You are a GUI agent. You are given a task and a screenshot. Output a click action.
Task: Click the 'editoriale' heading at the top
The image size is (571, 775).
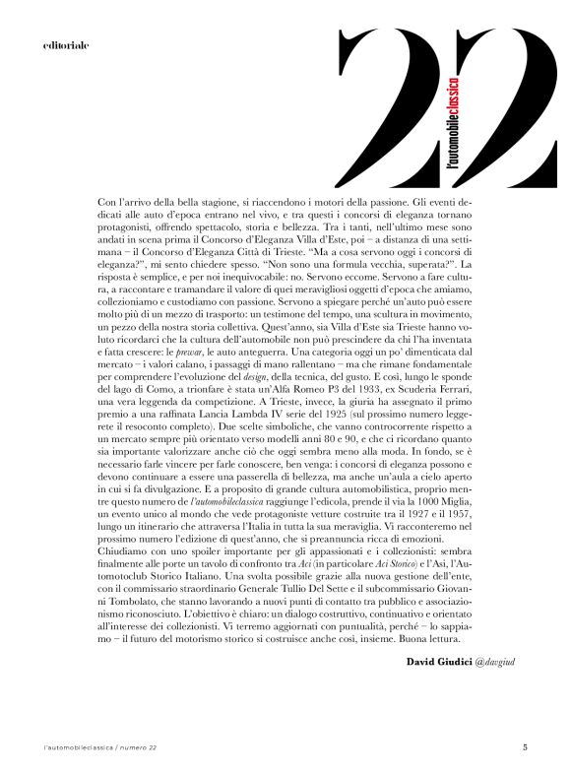click(66, 45)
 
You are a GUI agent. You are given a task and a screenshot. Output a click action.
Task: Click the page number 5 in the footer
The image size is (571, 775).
click(525, 746)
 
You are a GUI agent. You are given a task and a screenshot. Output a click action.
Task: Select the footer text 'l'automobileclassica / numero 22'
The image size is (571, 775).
click(100, 747)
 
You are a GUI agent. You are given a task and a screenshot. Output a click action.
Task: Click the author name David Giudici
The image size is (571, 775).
click(440, 659)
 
